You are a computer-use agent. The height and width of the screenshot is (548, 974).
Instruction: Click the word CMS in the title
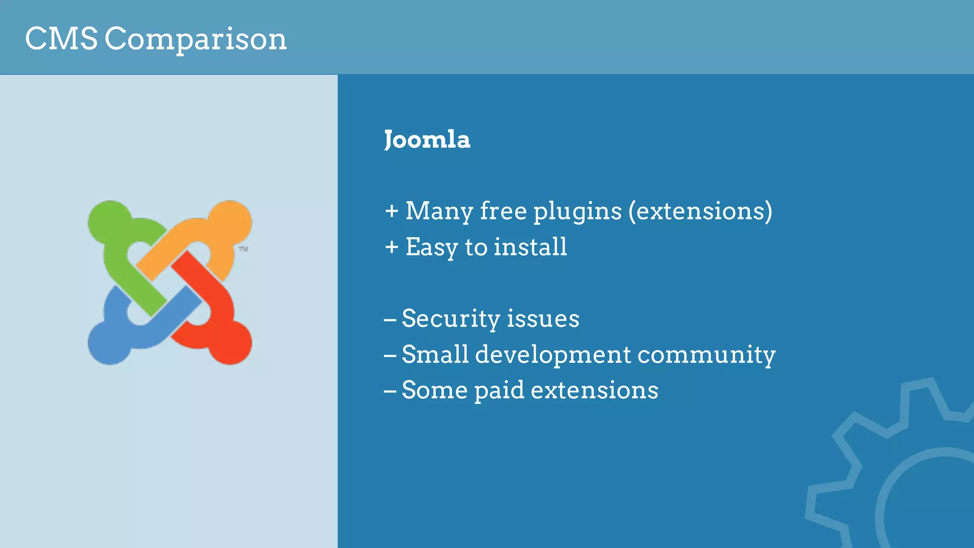(61, 39)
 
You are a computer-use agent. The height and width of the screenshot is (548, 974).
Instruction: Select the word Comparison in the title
(195, 39)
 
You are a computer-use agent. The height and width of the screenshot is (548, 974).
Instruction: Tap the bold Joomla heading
(427, 140)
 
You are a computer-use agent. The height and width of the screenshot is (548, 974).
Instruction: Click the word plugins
(577, 211)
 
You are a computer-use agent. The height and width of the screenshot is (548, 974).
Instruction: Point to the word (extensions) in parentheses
(700, 211)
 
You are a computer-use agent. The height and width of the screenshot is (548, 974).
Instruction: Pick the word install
(530, 247)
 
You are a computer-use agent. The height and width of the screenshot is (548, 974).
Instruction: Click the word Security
(450, 319)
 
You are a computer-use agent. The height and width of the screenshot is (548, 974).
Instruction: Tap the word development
(553, 355)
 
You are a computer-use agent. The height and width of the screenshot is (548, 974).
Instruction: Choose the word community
(706, 355)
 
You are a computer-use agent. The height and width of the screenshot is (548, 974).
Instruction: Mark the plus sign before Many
(391, 211)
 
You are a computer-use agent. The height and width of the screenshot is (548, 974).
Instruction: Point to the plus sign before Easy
(391, 247)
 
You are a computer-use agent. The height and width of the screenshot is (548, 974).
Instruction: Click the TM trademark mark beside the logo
(243, 249)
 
